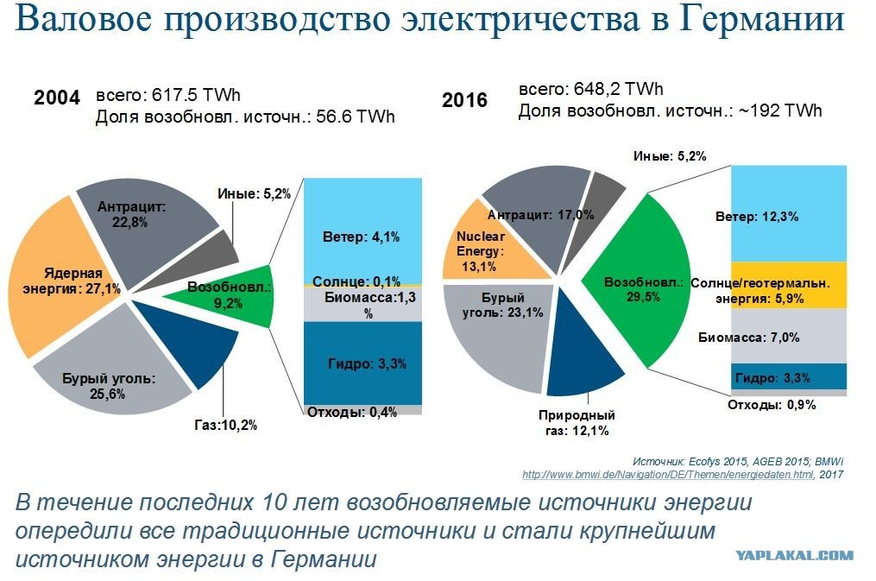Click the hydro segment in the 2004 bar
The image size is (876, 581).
click(x=362, y=363)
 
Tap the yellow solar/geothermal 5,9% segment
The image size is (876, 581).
click(x=789, y=285)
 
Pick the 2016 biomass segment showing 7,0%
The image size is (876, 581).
click(x=789, y=336)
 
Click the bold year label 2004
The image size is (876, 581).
click(x=57, y=98)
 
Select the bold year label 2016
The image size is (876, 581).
click(x=465, y=100)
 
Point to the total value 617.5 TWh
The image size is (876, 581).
click(x=196, y=95)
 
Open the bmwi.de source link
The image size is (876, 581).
click(x=668, y=475)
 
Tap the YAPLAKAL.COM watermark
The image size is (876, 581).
click(x=794, y=555)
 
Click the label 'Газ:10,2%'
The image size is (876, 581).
click(x=226, y=426)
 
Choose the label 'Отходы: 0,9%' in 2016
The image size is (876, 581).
click(x=772, y=405)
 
